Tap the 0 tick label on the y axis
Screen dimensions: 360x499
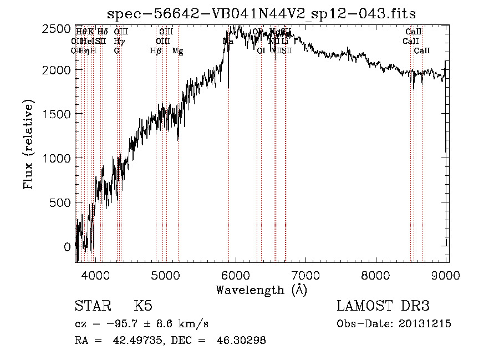pyautogui.click(x=67, y=246)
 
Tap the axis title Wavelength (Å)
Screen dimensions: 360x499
pyautogui.click(x=261, y=290)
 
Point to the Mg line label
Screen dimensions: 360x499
pyautogui.click(x=177, y=51)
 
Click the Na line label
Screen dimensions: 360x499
pyautogui.click(x=228, y=42)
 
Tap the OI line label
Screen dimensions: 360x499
pyautogui.click(x=261, y=51)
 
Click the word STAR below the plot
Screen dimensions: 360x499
pyautogui.click(x=92, y=306)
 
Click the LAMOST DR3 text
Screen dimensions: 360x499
pyautogui.click(x=383, y=306)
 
